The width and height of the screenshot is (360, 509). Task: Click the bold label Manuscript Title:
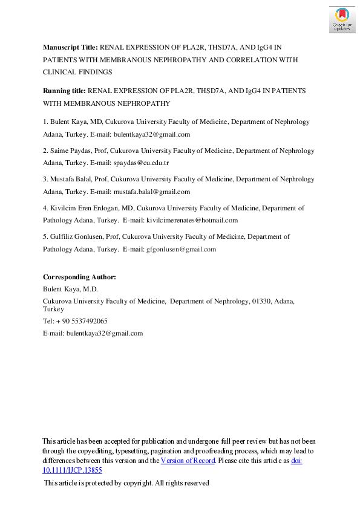coord(70,47)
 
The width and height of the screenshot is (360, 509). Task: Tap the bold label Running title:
coord(65,90)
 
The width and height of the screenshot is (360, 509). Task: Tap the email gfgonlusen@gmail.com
coord(180,249)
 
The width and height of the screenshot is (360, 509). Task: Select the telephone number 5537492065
coord(87,321)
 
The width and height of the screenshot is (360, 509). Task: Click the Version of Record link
coord(188,461)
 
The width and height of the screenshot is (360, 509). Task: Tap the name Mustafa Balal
coord(71,179)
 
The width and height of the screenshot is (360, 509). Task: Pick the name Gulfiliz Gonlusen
coord(76,236)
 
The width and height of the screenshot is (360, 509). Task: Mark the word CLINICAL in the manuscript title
coord(61,72)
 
